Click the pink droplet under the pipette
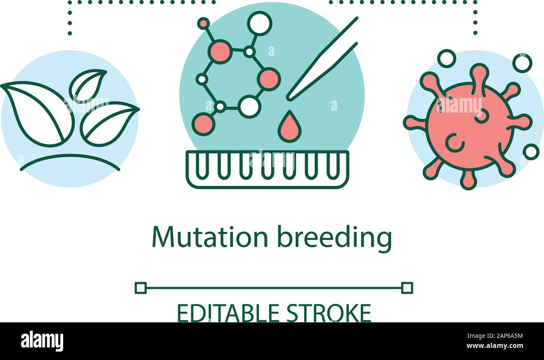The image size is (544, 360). coord(289,127)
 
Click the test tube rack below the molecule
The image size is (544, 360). coord(267,170)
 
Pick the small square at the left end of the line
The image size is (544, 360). coord(141,288)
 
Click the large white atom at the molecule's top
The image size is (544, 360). coord(259,23)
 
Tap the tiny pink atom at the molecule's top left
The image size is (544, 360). coord(203,23)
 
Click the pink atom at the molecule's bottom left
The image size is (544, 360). coord(204,124)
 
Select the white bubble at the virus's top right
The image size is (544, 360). coord(522,63)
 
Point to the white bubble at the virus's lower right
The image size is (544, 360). coord(531,152)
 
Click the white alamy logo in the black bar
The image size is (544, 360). coord(42,341)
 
